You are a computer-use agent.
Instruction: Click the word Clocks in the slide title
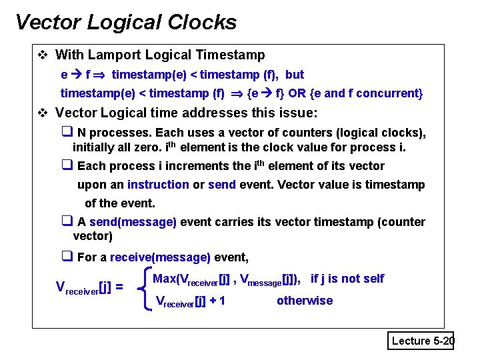205,22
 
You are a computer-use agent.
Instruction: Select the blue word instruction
158,185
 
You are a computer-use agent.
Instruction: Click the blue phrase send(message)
133,222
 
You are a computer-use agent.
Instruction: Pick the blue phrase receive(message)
160,257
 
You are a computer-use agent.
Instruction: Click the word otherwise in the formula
305,301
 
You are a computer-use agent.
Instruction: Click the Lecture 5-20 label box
422,341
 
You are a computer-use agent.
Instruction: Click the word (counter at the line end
401,222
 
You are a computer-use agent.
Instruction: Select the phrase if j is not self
347,279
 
